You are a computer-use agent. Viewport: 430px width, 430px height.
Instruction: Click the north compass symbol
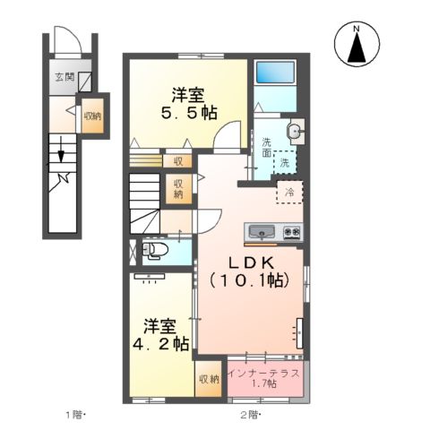tap(357, 46)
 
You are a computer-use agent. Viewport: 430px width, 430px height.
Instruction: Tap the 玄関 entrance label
tap(64, 77)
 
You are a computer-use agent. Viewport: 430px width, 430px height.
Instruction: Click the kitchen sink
tap(262, 231)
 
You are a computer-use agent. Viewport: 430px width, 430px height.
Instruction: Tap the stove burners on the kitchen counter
tap(292, 231)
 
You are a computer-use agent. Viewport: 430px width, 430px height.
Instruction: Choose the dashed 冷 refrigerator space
tap(289, 192)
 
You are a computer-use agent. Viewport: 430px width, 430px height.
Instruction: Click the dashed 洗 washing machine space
tap(284, 163)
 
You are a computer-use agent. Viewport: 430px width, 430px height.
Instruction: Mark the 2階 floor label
tap(250, 414)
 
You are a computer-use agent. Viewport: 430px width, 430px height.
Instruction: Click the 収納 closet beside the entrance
tap(93, 116)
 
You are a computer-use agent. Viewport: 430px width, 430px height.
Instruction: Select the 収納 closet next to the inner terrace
tap(208, 379)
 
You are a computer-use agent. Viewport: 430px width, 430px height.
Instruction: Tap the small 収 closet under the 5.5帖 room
tap(177, 161)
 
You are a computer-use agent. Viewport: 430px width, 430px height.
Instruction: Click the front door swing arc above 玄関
tap(71, 41)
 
